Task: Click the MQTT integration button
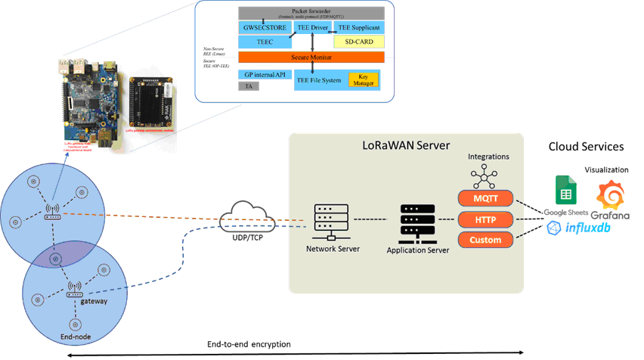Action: pos(485,198)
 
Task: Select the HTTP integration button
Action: pos(485,219)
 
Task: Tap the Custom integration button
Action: pos(485,240)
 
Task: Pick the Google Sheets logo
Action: pos(563,190)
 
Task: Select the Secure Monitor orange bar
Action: pos(311,57)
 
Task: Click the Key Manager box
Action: pos(363,79)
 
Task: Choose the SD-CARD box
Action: pos(359,42)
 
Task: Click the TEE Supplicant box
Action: pos(359,27)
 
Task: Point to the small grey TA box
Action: pos(248,86)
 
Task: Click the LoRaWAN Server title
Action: pos(406,143)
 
